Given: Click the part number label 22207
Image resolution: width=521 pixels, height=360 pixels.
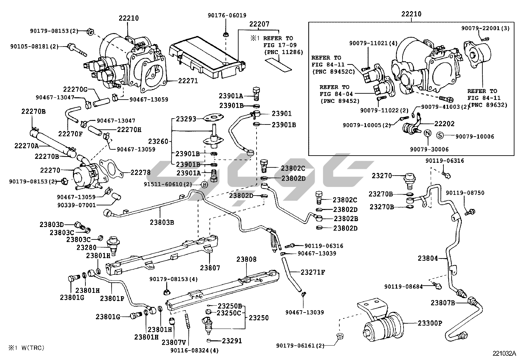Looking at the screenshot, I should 259,24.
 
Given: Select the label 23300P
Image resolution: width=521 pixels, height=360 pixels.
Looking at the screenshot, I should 430,323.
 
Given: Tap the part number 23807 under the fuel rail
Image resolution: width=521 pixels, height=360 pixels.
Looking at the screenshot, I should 210,267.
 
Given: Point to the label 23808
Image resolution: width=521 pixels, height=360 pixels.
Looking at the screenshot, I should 246,259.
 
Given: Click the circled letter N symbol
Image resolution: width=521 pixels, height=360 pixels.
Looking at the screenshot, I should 428,134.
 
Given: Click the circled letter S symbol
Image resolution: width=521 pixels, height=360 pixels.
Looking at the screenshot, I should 440,136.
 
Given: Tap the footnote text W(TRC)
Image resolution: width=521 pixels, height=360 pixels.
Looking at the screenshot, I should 31,348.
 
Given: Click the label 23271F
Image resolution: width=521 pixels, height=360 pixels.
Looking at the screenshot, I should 313,272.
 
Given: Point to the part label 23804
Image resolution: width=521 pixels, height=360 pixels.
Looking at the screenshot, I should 427,258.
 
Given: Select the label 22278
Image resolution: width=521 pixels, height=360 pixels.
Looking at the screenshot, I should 140,172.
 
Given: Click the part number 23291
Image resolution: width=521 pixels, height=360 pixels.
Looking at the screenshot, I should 232,341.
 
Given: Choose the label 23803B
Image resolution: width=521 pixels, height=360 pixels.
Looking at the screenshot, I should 163,222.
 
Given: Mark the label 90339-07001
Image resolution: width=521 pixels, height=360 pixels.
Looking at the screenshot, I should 76,205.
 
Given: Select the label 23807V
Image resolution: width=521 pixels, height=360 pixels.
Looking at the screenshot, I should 173,342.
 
